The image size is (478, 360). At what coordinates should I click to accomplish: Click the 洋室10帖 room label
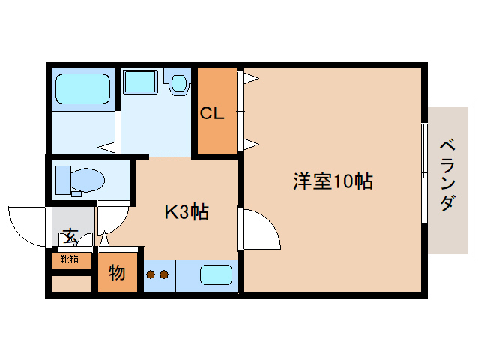point(333,181)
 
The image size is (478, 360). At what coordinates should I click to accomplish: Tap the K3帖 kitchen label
point(187,212)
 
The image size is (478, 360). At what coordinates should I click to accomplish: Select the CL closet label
point(211,114)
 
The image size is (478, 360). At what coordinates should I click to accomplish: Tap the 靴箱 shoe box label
point(70,260)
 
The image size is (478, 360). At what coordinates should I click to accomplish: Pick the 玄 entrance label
point(70,236)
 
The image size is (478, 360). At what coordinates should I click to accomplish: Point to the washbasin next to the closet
point(180,82)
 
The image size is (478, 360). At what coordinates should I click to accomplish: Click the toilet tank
point(63,180)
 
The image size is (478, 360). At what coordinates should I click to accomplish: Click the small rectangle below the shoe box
point(70,284)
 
